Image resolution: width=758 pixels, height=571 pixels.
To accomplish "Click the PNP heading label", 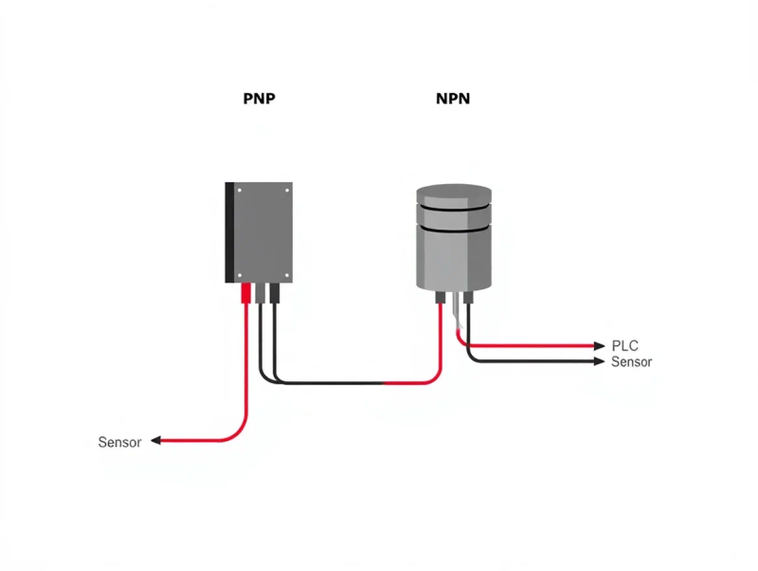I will (x=259, y=98).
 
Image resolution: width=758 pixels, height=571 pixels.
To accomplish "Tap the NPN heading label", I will (x=453, y=98).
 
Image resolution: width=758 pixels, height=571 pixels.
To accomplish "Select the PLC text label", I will (x=625, y=345).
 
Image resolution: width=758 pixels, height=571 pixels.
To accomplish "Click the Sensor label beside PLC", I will (x=631, y=361).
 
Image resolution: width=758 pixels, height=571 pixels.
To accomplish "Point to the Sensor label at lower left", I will (x=119, y=442).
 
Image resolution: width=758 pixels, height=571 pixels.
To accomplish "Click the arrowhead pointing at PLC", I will (x=599, y=345).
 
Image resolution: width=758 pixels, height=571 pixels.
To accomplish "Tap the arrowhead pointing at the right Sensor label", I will (x=599, y=361).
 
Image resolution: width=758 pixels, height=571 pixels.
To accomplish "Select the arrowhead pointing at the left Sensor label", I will (x=155, y=441).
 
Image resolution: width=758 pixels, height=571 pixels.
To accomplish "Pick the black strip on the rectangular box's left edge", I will (x=228, y=232).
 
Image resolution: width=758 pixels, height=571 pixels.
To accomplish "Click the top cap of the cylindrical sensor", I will (x=455, y=194).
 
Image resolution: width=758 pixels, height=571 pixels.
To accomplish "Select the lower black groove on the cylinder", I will (x=455, y=229).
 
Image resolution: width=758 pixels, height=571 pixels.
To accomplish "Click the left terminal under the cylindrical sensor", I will (x=441, y=297).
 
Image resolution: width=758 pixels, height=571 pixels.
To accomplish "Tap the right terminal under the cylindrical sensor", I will (x=467, y=297).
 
